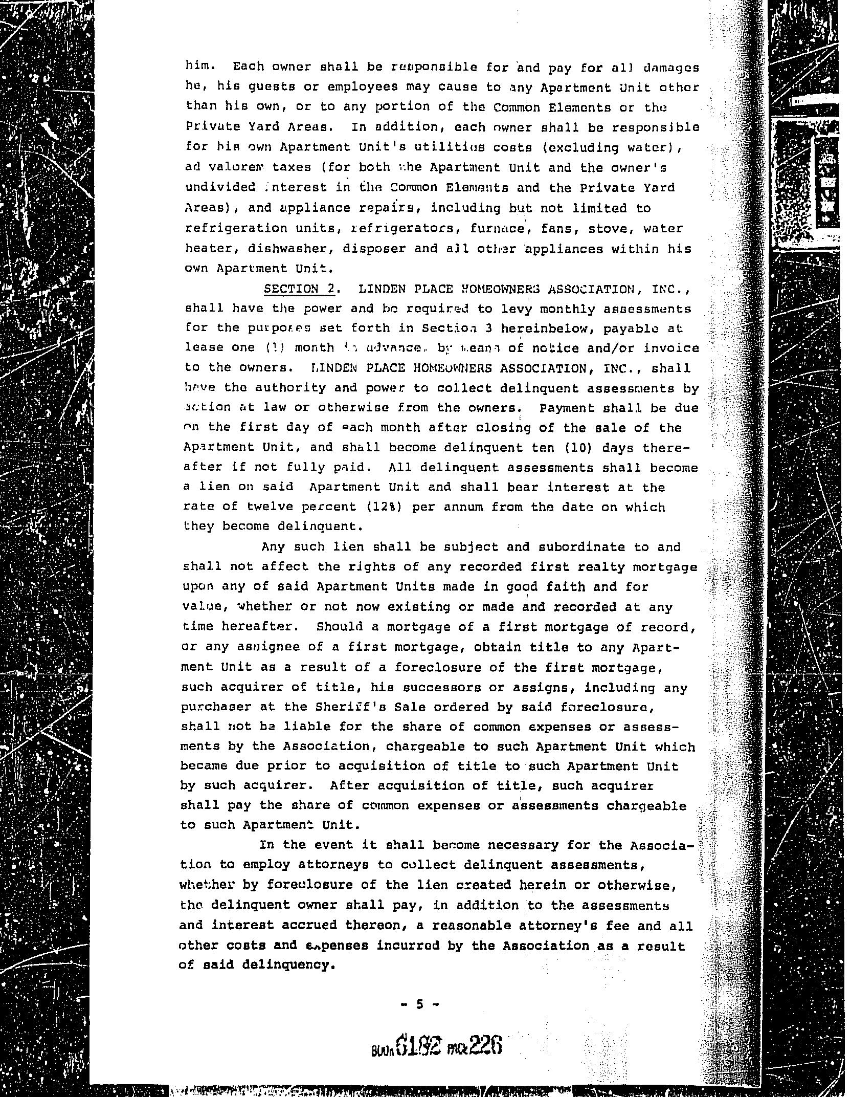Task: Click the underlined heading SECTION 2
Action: (299, 289)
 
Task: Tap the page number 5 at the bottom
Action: (420, 1004)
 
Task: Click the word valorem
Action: (232, 167)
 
